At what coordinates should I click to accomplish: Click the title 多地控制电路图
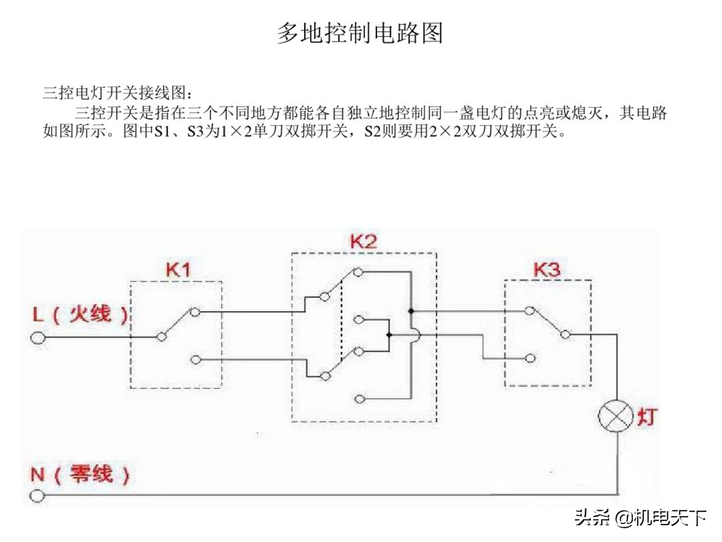[360, 33]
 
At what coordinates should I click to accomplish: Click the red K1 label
[178, 270]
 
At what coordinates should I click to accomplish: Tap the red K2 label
[363, 241]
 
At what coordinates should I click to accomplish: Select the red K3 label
[547, 269]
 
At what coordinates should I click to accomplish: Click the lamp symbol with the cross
[615, 416]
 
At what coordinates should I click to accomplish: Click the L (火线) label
[80, 314]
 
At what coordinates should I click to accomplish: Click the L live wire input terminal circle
[38, 338]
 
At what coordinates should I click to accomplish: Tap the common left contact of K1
[161, 336]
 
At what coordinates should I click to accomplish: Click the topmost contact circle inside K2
[358, 272]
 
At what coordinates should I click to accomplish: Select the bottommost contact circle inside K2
[359, 399]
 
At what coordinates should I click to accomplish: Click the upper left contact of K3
[529, 310]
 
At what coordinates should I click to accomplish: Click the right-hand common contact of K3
[565, 334]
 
